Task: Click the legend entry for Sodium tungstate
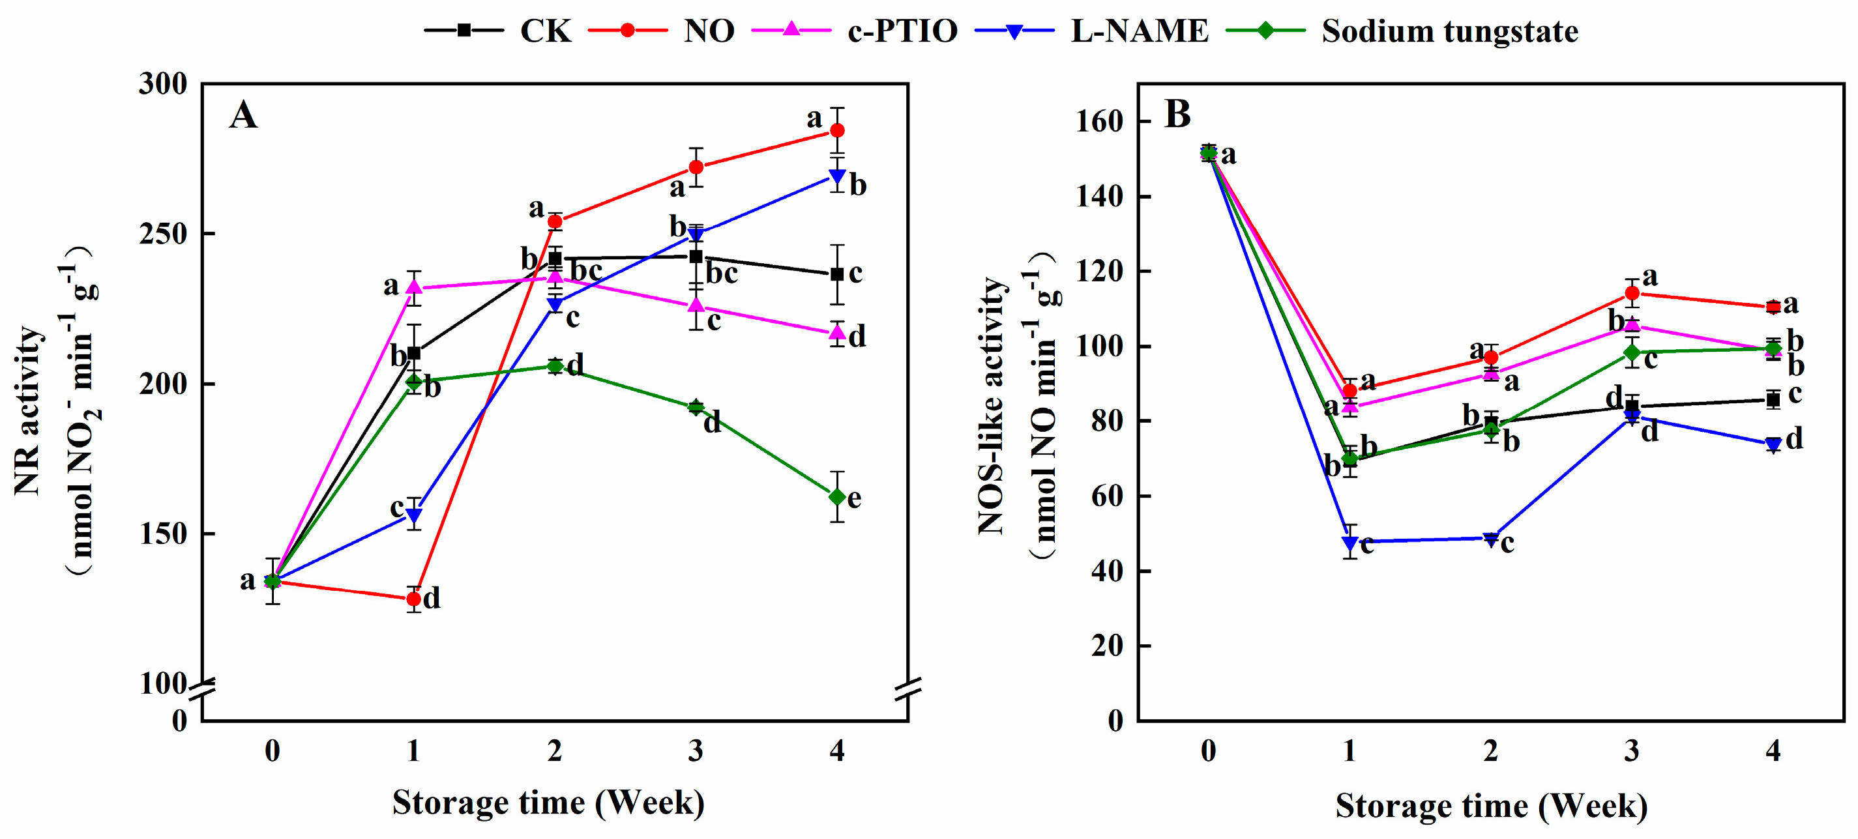coord(1449,31)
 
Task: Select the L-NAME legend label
coord(1139,31)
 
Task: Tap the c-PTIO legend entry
coord(902,31)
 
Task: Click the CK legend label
coord(545,31)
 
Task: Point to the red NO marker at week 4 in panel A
coord(836,130)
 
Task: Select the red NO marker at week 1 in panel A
coord(413,599)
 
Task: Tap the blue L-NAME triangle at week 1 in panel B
coord(1349,541)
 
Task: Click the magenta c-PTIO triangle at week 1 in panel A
coord(413,288)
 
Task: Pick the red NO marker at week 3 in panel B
coord(1632,293)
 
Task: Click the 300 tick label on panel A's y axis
coord(163,84)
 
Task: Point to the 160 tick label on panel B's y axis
coord(1100,121)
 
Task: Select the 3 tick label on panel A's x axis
coord(696,751)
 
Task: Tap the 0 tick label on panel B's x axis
coord(1208,751)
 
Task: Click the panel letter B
coord(1177,114)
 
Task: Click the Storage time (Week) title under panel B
coord(1491,806)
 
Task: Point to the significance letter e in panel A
coord(854,498)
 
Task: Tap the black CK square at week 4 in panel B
coord(1773,399)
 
